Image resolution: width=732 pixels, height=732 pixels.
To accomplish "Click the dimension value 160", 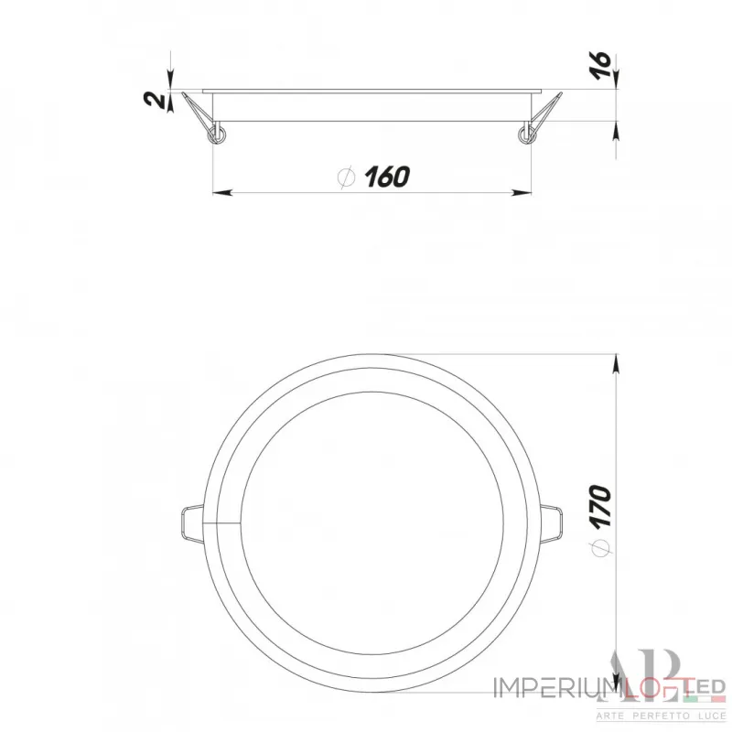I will pyautogui.click(x=385, y=177).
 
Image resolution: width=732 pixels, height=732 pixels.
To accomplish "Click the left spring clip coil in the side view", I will pyautogui.click(x=218, y=136).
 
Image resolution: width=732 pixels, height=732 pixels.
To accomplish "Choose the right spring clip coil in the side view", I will pyautogui.click(x=525, y=136).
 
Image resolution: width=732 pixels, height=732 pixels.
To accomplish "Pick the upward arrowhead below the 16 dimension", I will pyautogui.click(x=615, y=134).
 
